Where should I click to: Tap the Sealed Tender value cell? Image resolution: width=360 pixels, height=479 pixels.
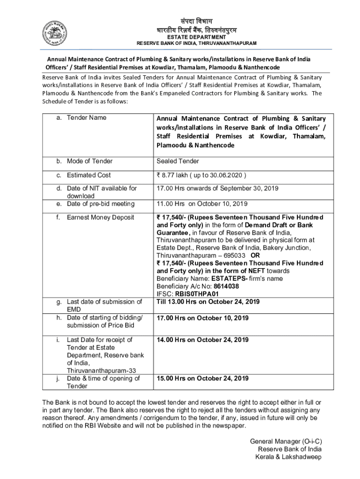click(x=178, y=161)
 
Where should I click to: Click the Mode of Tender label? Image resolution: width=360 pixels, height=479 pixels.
click(x=89, y=161)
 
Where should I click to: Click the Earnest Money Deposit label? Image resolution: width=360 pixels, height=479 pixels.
click(x=100, y=218)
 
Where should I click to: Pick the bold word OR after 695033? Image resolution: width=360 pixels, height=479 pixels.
click(x=255, y=256)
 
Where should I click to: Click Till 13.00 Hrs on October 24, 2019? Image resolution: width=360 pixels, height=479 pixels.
click(x=208, y=302)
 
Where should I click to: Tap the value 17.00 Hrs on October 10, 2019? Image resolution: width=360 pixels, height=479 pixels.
click(x=202, y=319)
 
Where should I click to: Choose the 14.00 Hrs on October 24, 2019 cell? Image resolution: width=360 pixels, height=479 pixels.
click(x=202, y=340)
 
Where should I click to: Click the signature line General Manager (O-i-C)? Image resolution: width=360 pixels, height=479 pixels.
click(x=286, y=441)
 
